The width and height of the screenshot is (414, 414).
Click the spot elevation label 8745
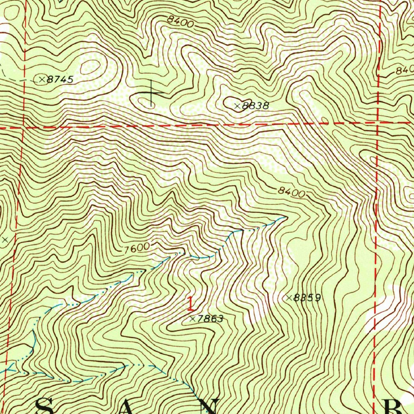(60, 80)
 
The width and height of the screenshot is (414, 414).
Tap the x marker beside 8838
(237, 106)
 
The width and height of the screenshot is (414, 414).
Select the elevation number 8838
(255, 106)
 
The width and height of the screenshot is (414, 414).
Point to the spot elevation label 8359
(307, 298)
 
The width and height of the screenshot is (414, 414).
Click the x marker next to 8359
(289, 298)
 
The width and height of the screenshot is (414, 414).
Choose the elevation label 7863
(210, 319)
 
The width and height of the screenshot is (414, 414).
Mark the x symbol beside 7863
(192, 319)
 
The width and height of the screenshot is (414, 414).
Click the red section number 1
(190, 304)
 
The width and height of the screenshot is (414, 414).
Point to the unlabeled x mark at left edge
(5, 240)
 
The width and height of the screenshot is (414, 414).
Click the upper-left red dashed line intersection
(23, 127)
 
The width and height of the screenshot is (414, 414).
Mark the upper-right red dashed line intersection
(378, 122)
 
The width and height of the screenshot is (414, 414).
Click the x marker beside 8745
(42, 80)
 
